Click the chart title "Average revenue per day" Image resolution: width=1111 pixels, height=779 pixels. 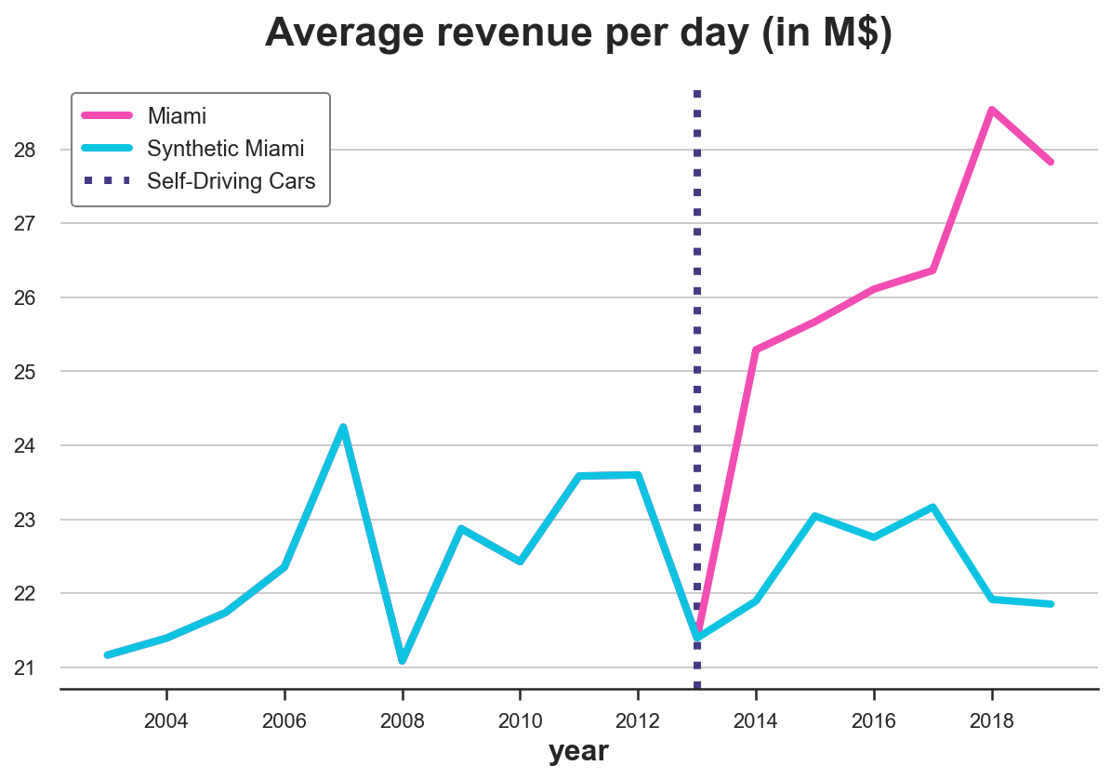(x=578, y=34)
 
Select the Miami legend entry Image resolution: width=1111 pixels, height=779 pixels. (x=177, y=116)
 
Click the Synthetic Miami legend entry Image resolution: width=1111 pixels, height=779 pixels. (x=226, y=149)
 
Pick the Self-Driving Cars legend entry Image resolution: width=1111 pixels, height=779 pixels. (x=231, y=180)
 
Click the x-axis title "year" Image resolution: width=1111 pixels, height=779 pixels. (x=578, y=751)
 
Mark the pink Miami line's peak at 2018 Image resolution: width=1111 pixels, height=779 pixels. (x=992, y=110)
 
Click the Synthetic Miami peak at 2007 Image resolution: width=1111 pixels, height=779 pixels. (x=343, y=428)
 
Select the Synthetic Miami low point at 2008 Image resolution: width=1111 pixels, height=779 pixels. (x=403, y=660)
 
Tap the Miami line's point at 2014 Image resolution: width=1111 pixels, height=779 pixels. (x=756, y=350)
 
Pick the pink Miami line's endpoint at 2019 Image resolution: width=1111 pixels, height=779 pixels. (x=1051, y=162)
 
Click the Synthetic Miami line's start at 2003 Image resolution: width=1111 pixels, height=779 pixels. (x=108, y=655)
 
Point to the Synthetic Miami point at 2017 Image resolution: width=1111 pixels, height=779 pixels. (x=932, y=508)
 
